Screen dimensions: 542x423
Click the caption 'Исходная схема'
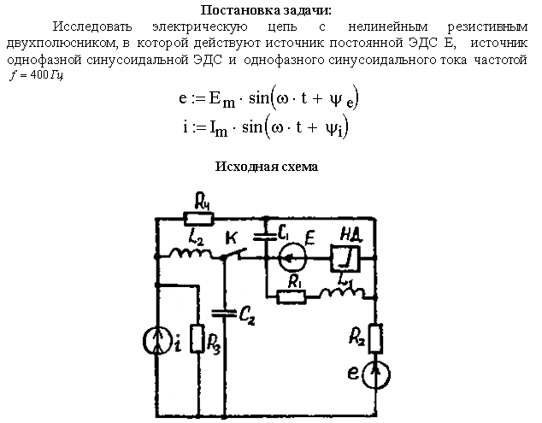(x=271, y=167)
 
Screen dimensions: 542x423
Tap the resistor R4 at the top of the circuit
(x=201, y=219)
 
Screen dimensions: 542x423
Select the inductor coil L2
(x=187, y=254)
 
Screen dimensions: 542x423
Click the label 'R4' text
(x=203, y=203)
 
